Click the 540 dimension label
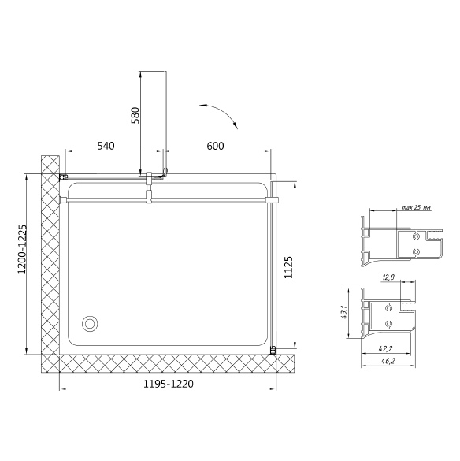pyautogui.click(x=106, y=146)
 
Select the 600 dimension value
pyautogui.click(x=215, y=146)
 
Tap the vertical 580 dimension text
pyautogui.click(x=135, y=115)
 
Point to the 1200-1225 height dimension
pyautogui.click(x=22, y=249)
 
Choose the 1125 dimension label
pyautogui.click(x=288, y=267)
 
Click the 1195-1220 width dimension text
pyautogui.click(x=169, y=384)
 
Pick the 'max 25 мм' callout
pyautogui.click(x=417, y=207)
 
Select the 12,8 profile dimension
pyautogui.click(x=388, y=277)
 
